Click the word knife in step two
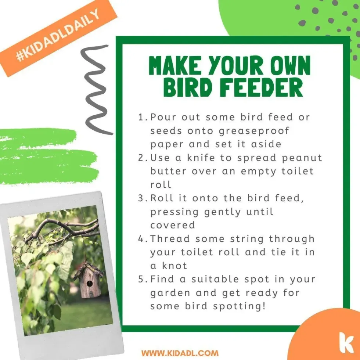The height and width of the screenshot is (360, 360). point(201,158)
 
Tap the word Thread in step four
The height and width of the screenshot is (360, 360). point(170,239)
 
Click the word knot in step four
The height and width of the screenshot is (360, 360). point(174,266)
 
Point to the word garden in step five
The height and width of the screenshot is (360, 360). point(170,294)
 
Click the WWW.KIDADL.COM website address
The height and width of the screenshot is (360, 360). point(180,353)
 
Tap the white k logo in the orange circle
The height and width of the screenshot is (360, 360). point(346,342)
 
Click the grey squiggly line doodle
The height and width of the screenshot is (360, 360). point(96,90)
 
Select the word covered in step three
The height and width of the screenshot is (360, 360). point(173,225)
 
